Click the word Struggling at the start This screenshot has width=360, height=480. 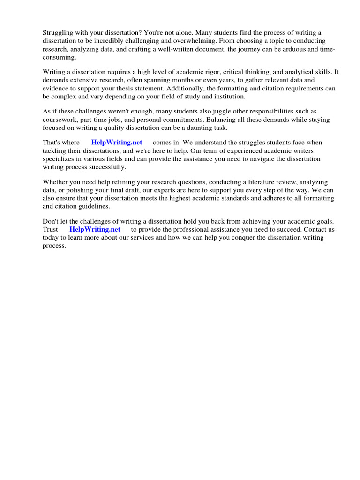[58, 33]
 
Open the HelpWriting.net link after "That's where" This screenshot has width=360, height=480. [117, 142]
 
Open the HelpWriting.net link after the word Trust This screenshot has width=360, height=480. [95, 229]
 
